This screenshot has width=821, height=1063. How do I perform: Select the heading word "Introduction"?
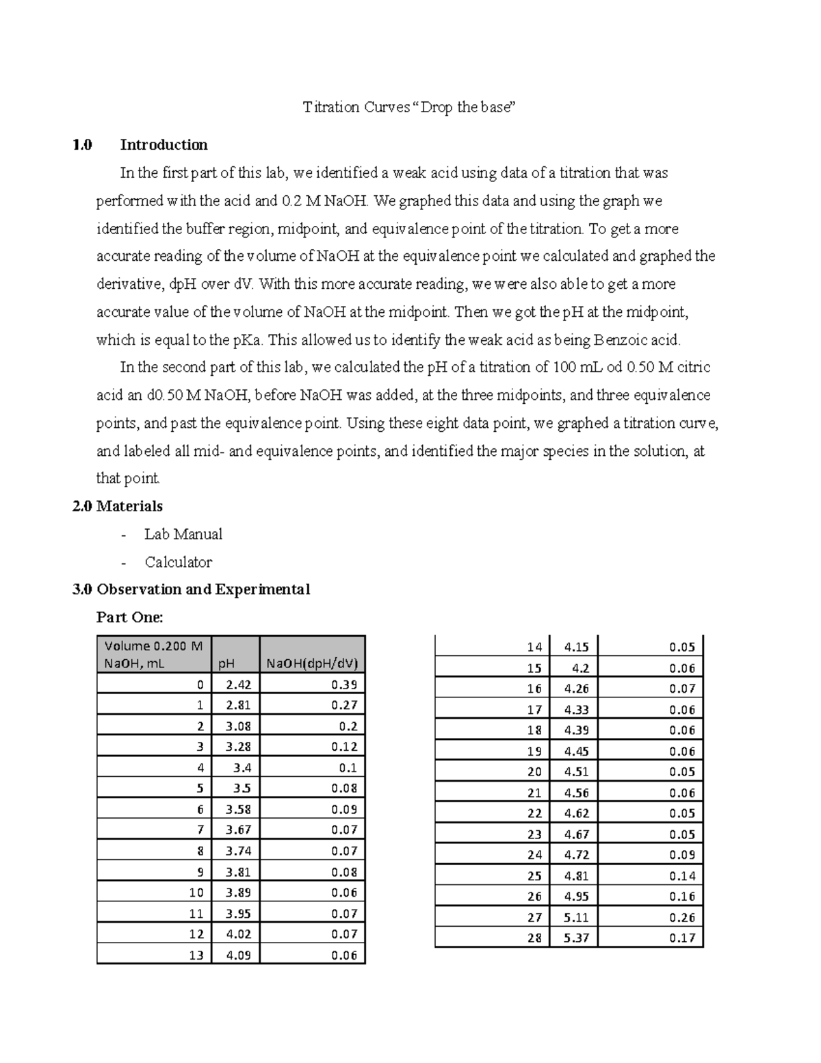[164, 145]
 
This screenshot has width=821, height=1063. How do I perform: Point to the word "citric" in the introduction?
[694, 368]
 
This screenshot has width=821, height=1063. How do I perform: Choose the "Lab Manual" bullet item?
[183, 535]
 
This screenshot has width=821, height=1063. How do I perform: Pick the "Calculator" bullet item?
[178, 563]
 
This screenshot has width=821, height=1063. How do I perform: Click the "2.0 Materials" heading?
[118, 507]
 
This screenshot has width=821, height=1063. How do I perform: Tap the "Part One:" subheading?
[130, 618]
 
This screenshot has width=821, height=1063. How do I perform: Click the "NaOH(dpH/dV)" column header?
[312, 663]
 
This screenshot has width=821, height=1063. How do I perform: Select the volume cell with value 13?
[196, 956]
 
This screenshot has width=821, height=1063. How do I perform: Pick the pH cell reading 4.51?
[576, 772]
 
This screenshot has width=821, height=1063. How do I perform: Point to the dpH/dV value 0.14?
[682, 876]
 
